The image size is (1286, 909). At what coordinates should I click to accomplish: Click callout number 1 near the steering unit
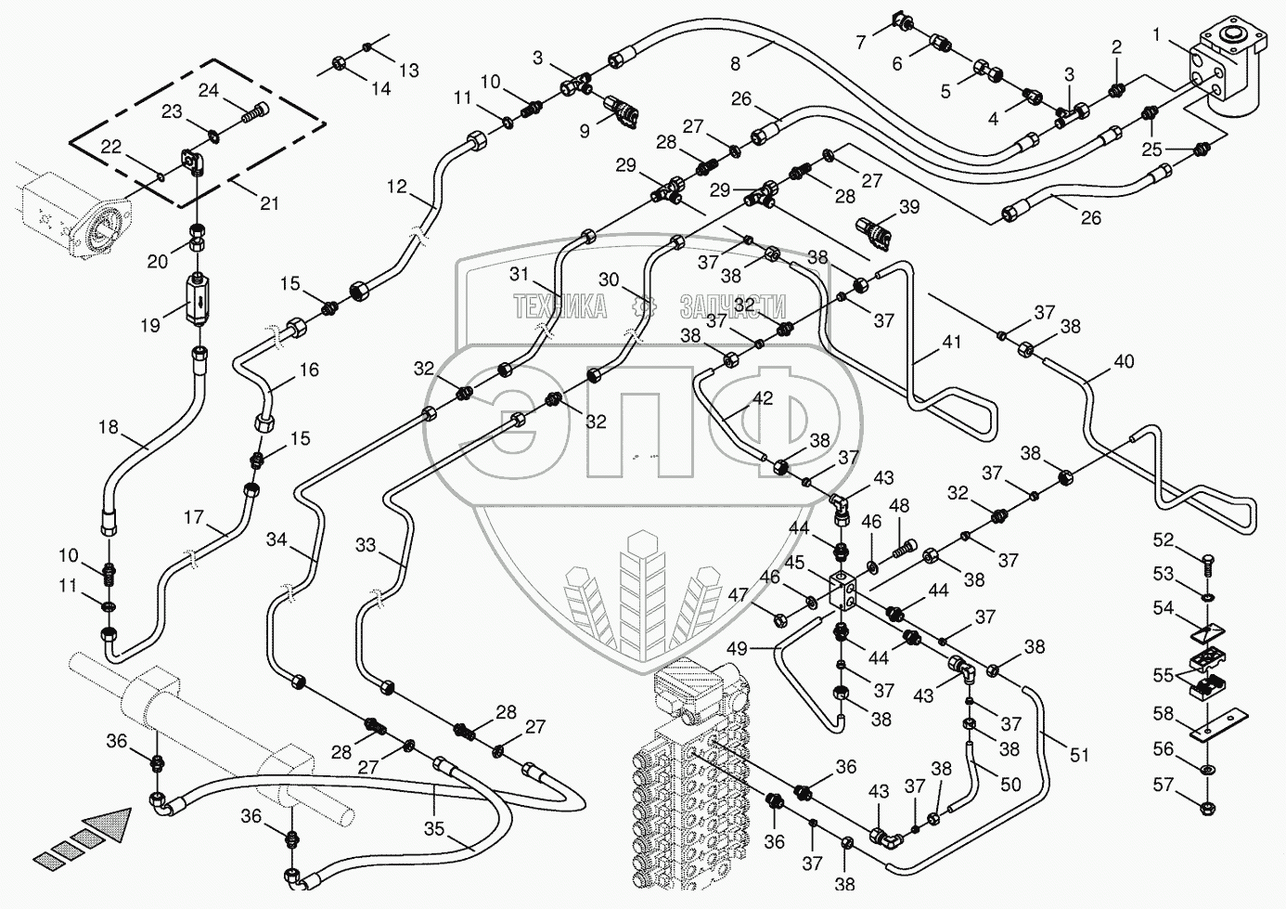[1157, 35]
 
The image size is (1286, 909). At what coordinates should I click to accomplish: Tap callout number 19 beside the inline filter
[150, 326]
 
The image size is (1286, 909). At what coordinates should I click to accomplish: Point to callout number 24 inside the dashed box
[208, 91]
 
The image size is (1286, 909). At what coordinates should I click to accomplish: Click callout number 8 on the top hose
[736, 64]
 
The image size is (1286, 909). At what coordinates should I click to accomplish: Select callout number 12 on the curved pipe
[397, 187]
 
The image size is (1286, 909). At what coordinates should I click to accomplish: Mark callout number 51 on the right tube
[1079, 756]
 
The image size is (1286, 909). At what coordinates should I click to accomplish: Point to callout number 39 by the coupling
[909, 206]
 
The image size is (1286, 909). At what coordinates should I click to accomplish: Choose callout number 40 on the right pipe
[1124, 362]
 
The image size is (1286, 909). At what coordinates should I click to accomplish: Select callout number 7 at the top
[861, 42]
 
